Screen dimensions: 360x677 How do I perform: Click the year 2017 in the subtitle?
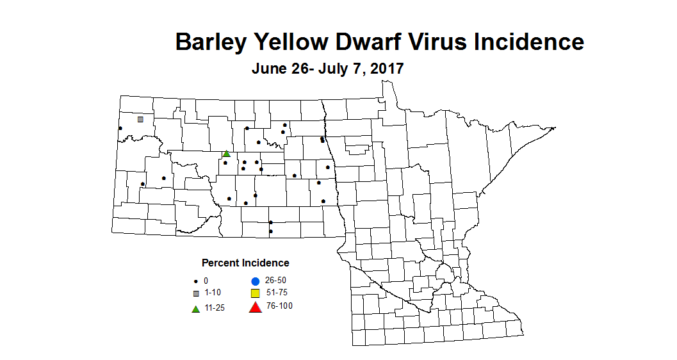coord(385,69)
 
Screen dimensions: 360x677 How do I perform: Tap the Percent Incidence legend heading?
coord(245,263)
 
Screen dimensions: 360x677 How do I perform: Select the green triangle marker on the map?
coord(226,154)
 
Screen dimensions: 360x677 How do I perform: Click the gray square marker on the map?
coord(140,119)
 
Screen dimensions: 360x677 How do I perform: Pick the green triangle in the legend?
coord(196,309)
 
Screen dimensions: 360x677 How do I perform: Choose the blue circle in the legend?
coord(255,281)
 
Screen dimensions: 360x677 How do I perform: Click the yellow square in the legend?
coord(255,293)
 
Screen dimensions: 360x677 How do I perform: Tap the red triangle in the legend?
coord(255,307)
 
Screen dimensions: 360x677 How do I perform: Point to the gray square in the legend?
coord(196,293)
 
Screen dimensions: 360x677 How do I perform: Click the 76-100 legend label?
coord(279,306)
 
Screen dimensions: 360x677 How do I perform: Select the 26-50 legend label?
coord(275,281)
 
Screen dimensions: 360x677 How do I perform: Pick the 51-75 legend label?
coord(276,293)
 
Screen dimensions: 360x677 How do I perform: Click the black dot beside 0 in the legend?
coord(196,281)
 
